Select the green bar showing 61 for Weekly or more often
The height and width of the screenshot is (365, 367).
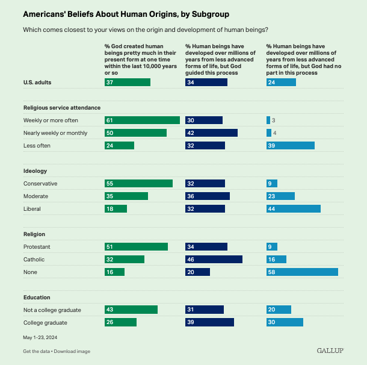point(142,120)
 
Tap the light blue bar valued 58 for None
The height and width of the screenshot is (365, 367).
point(302,272)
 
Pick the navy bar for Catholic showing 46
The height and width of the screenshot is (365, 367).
point(214,259)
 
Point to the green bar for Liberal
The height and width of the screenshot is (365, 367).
point(116,208)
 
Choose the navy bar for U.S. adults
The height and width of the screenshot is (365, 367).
point(206,82)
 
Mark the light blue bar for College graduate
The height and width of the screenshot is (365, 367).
point(285,322)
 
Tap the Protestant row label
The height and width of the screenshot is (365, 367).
point(37,246)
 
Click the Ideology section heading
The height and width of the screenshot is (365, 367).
point(35,171)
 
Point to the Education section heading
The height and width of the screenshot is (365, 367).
point(37,297)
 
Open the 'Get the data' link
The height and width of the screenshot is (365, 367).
point(36,351)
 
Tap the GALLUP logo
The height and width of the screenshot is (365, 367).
point(330,350)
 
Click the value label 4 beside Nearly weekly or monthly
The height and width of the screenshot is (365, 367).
point(274,133)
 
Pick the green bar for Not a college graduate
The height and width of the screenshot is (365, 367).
point(131,310)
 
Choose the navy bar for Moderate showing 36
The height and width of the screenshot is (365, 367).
point(207,196)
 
